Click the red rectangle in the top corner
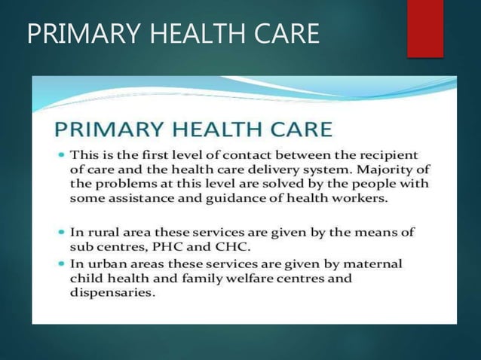pos(424,28)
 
